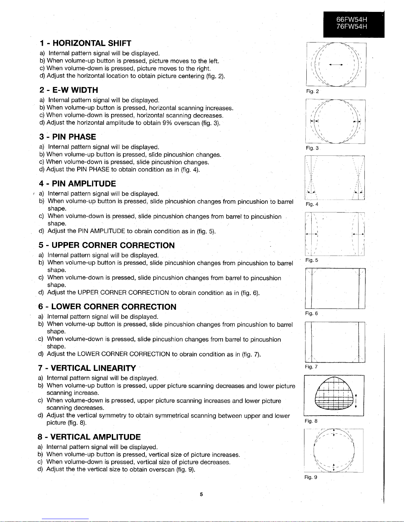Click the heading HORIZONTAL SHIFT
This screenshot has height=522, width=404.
point(85,43)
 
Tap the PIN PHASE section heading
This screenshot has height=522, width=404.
point(68,137)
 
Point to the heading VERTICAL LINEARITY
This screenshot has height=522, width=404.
point(87,368)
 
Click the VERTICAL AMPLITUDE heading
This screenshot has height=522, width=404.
point(89,437)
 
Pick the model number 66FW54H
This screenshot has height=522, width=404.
point(351,19)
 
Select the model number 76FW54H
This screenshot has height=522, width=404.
point(351,27)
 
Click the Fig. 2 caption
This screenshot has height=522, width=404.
point(312,91)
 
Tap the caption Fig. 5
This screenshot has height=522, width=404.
point(312,260)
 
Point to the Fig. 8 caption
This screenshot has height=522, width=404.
point(311,421)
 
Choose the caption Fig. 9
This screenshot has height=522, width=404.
point(311,477)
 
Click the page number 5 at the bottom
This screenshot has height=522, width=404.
point(201,494)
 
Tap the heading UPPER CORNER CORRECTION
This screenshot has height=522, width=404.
point(106,245)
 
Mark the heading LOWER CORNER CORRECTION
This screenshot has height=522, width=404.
point(107,307)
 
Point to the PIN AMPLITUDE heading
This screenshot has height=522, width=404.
point(77,183)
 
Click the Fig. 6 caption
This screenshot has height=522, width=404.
point(311,314)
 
